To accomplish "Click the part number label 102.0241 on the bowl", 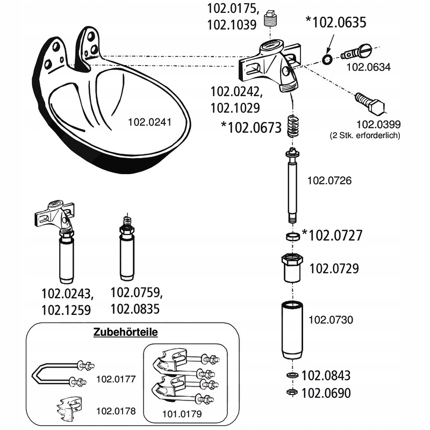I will click(x=149, y=122).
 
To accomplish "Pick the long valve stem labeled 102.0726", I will click(x=293, y=185).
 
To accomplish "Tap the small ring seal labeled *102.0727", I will click(x=293, y=236).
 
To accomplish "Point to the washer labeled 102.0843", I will click(x=292, y=375).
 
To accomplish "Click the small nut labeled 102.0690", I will click(x=292, y=392).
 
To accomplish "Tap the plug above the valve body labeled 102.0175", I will click(x=271, y=21).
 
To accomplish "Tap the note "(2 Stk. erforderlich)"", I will click(x=365, y=136).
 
